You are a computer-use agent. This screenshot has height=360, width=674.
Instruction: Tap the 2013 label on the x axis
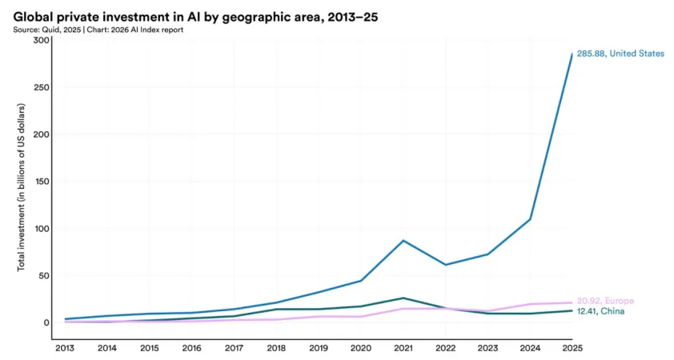tap(64, 348)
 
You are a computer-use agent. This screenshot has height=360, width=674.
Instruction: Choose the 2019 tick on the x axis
tap(318, 348)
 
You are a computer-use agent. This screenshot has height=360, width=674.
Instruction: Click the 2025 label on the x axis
tap(572, 348)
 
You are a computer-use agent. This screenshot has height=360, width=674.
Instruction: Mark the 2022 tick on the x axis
tap(445, 348)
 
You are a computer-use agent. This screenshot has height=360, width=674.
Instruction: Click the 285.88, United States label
tap(620, 54)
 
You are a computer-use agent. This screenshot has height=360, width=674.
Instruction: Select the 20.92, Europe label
tap(605, 301)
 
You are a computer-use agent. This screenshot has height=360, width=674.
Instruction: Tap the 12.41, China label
tap(601, 311)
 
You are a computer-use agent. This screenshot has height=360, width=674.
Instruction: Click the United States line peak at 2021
tap(403, 240)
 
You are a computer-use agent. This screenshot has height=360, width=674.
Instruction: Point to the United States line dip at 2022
tap(445, 265)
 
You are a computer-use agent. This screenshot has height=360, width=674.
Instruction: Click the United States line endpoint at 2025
tap(572, 54)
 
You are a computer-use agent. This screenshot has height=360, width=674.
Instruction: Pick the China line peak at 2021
tap(403, 298)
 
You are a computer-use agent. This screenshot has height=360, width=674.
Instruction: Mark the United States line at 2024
tap(529, 219)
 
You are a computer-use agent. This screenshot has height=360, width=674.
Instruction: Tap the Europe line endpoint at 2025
tap(572, 302)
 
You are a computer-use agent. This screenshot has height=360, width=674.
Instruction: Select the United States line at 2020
tap(360, 281)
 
